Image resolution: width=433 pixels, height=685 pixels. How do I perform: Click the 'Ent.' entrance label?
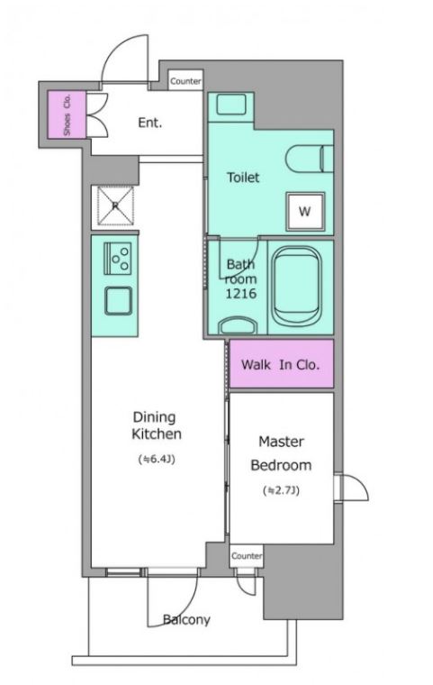click(x=149, y=123)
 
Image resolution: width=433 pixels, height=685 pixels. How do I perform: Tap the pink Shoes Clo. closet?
click(x=67, y=114)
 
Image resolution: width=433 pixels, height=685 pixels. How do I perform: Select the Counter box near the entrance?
click(x=185, y=81)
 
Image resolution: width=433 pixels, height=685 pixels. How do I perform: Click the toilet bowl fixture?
click(x=310, y=159)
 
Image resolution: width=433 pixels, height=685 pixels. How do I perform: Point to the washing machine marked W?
click(x=304, y=212)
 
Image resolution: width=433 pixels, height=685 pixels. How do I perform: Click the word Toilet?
click(x=243, y=178)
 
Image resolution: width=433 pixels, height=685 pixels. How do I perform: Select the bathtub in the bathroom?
click(x=296, y=286)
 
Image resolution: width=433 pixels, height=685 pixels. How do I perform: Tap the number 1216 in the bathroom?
click(x=240, y=293)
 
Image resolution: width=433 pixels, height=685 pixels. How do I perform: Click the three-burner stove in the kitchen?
click(x=117, y=258)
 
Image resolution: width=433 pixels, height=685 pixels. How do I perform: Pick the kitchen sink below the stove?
click(x=118, y=301)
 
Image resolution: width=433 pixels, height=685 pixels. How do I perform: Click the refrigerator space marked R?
click(x=115, y=205)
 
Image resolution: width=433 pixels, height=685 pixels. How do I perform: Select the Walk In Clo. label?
click(x=280, y=365)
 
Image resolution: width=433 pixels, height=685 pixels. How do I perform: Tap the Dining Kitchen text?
click(x=157, y=425)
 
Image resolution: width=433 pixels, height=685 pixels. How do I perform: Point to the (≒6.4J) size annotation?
click(x=157, y=459)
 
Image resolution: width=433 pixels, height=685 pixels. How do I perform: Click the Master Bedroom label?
click(x=281, y=453)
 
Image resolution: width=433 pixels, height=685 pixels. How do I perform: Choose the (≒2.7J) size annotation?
click(x=281, y=490)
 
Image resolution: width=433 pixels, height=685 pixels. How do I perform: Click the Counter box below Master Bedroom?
click(x=247, y=556)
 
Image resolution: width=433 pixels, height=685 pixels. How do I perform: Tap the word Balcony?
click(x=186, y=619)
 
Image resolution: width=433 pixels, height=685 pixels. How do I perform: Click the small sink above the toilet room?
click(x=231, y=105)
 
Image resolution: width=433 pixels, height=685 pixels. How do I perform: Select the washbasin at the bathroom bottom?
click(x=238, y=325)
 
